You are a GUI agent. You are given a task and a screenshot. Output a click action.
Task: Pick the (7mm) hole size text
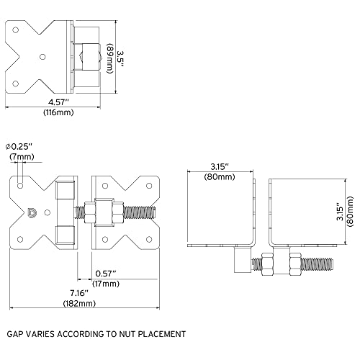21,156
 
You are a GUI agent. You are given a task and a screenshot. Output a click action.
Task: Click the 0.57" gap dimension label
106,273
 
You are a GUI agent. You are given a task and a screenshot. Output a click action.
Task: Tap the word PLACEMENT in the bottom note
161,334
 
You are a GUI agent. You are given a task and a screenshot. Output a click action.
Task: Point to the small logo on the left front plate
30,212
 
